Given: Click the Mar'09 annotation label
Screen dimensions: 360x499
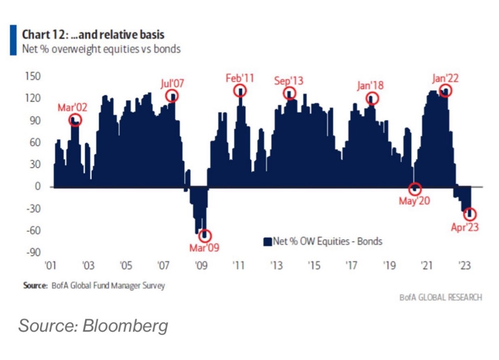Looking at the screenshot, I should click(x=204, y=248).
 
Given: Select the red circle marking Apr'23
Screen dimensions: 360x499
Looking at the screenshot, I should click(x=471, y=214).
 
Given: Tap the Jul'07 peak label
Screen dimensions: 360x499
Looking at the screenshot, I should click(x=172, y=84).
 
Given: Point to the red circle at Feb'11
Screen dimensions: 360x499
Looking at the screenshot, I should click(x=240, y=90).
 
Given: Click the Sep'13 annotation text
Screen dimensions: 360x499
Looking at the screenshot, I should click(x=288, y=81).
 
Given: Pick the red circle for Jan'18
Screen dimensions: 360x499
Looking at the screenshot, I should click(x=373, y=98).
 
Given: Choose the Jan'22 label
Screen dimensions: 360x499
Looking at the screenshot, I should click(x=445, y=78).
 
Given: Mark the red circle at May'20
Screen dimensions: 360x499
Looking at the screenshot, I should click(x=415, y=189).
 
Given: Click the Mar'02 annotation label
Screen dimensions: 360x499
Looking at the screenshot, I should click(x=72, y=108).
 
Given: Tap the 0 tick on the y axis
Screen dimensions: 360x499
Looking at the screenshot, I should click(x=38, y=186).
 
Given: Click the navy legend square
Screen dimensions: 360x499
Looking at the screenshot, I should click(x=267, y=241).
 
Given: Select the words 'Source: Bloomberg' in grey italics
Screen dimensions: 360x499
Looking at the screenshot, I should click(x=93, y=326).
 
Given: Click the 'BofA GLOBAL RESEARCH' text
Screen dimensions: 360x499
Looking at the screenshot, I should click(x=441, y=297).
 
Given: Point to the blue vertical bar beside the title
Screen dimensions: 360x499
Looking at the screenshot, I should click(x=13, y=41).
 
